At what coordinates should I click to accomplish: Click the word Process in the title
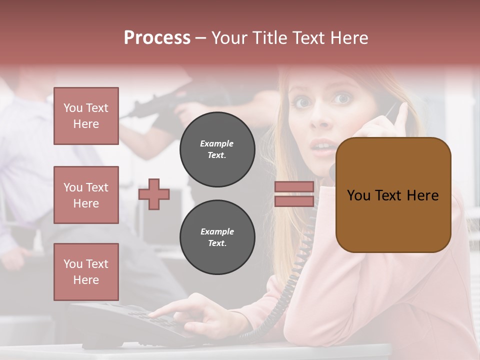(157, 38)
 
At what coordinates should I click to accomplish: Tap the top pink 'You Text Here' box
(86, 116)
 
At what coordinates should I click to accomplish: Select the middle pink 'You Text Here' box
(86, 195)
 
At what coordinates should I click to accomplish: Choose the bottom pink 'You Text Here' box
(86, 271)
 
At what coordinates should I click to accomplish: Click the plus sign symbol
(153, 194)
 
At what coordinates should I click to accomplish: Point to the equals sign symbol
(294, 194)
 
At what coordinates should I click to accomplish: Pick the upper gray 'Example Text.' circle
(217, 149)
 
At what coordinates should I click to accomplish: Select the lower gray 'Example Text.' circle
(217, 237)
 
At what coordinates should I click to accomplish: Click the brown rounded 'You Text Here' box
(393, 194)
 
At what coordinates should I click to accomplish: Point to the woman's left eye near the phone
(342, 98)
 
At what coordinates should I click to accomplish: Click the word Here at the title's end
(348, 38)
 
